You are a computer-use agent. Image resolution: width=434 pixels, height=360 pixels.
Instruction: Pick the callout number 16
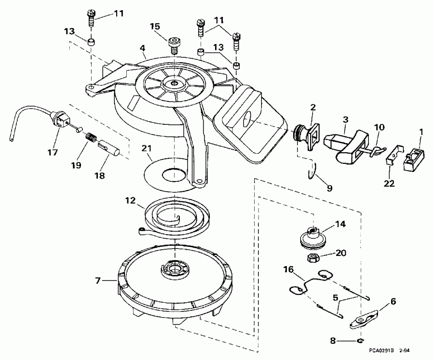click(x=288, y=270)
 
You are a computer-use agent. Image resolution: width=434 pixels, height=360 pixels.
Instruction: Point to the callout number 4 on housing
click(x=143, y=48)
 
